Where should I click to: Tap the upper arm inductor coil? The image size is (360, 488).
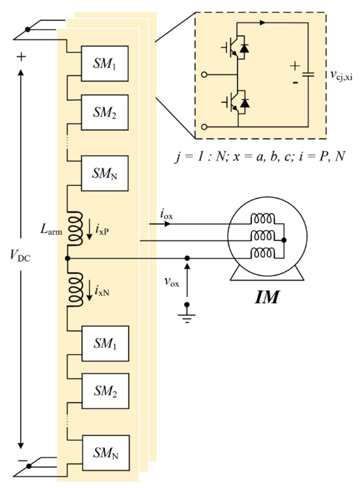point(78,226)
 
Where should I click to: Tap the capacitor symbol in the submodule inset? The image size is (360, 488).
point(310,71)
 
